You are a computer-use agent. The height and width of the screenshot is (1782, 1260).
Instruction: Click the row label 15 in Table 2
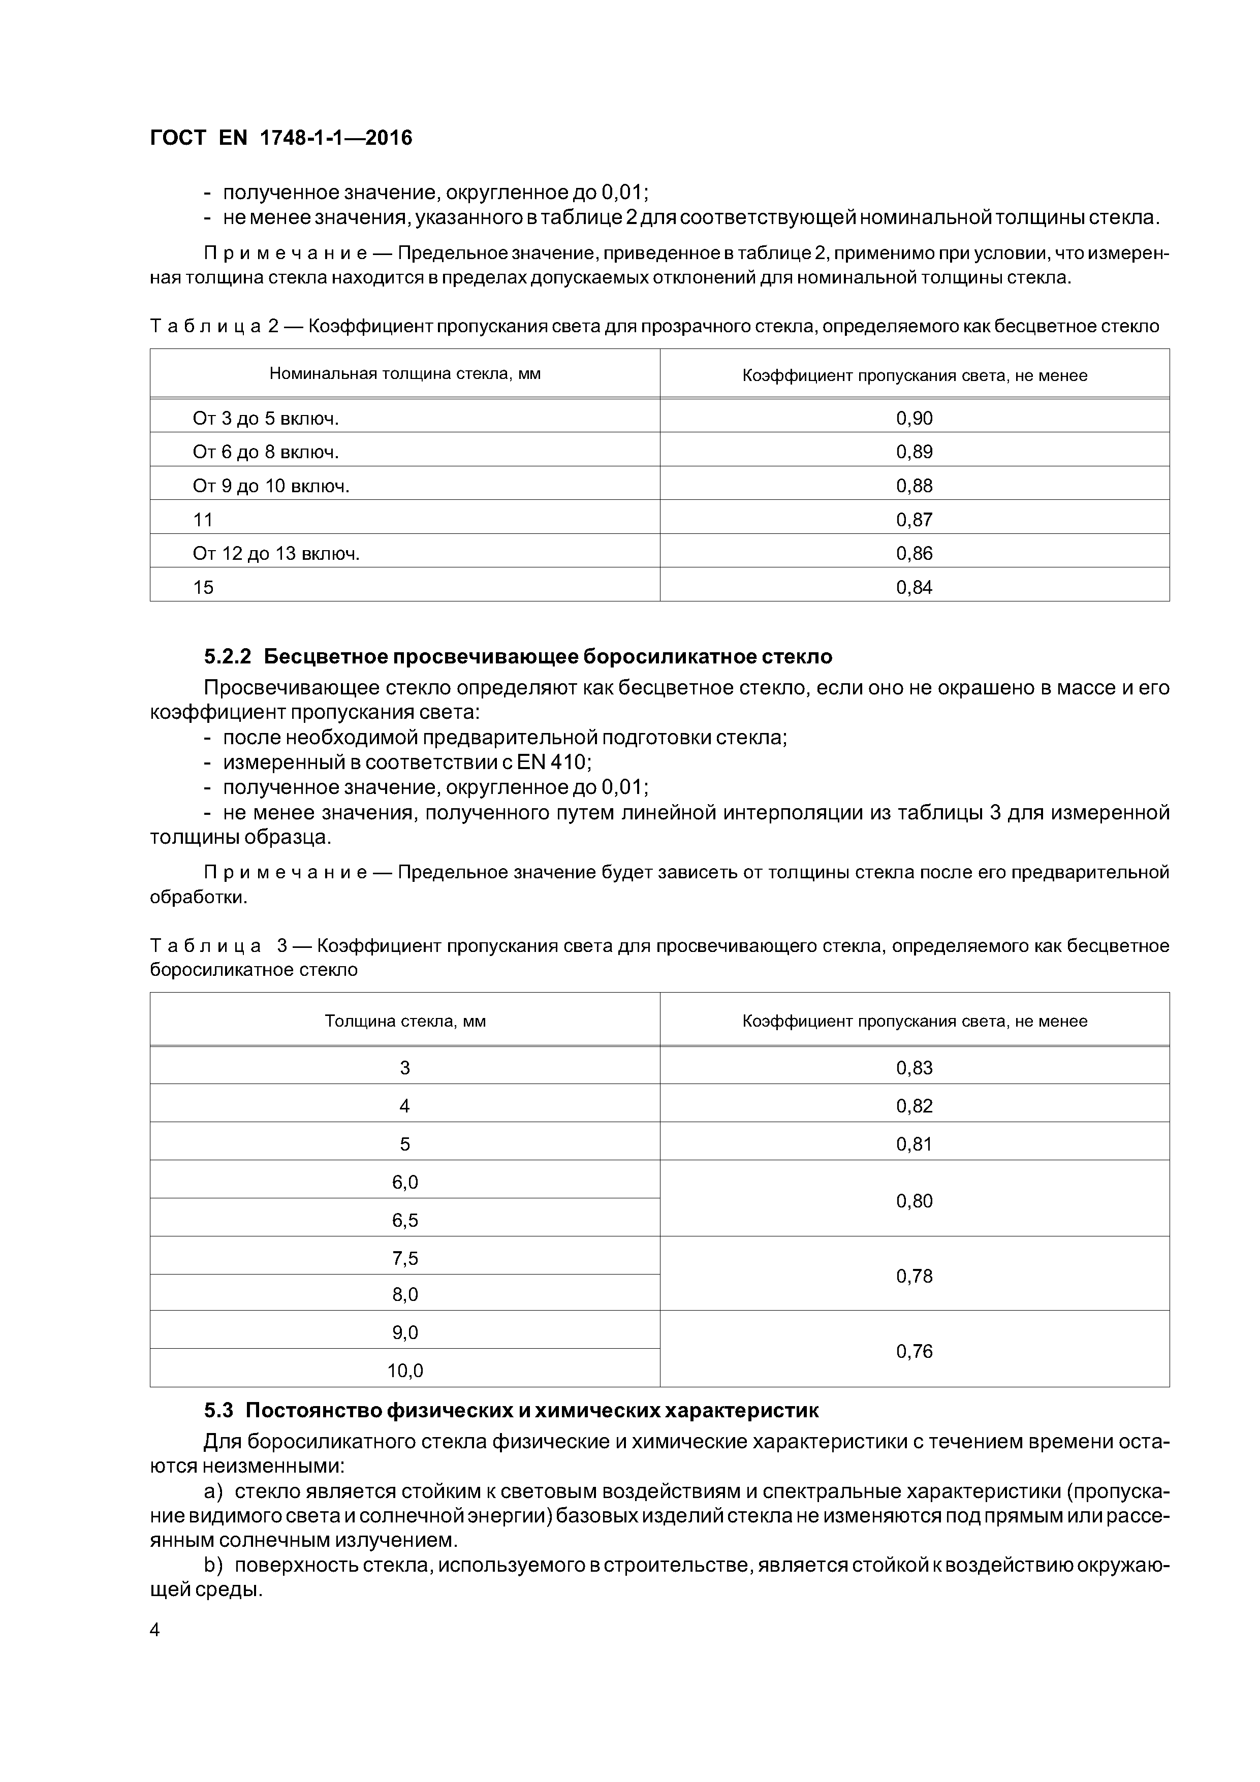point(203,587)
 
